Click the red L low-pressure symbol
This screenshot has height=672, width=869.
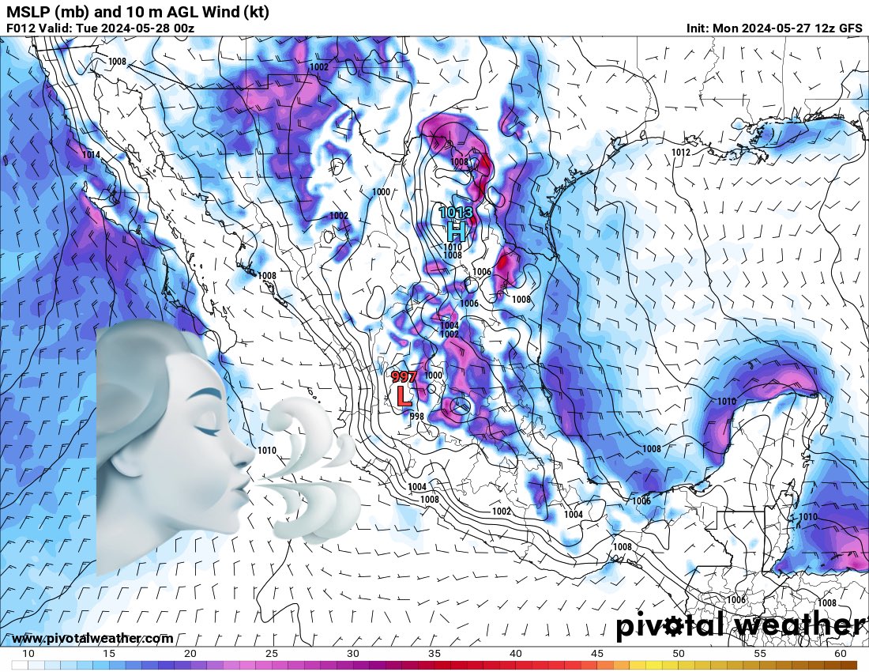pyautogui.click(x=404, y=395)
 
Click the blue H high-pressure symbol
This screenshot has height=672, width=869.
pyautogui.click(x=455, y=232)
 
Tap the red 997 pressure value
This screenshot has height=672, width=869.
pyautogui.click(x=404, y=377)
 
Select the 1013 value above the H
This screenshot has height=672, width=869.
pyautogui.click(x=456, y=213)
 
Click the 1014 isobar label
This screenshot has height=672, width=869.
pyautogui.click(x=91, y=155)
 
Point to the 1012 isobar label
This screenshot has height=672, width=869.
pyautogui.click(x=680, y=153)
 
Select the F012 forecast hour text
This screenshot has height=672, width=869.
pyautogui.click(x=21, y=28)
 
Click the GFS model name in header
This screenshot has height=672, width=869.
pyautogui.click(x=850, y=28)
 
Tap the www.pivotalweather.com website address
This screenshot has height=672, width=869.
pyautogui.click(x=92, y=638)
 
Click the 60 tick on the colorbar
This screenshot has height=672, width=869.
pyautogui.click(x=840, y=654)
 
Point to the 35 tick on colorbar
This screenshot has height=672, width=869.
pyautogui.click(x=434, y=654)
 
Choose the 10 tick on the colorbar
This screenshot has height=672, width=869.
pyautogui.click(x=28, y=654)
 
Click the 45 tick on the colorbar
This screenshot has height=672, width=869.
pyautogui.click(x=596, y=654)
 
